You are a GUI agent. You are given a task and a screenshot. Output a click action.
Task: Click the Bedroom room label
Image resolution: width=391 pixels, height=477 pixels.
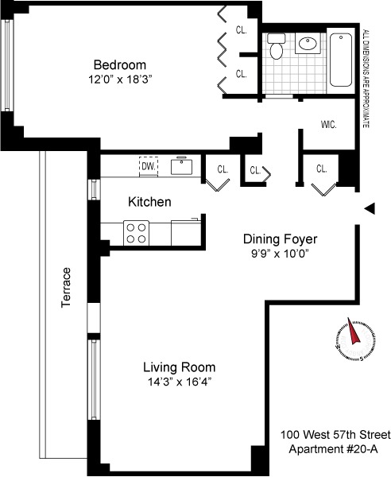[120, 65]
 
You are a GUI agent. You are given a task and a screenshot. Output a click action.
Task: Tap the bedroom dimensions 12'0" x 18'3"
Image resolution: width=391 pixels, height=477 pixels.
[120, 79]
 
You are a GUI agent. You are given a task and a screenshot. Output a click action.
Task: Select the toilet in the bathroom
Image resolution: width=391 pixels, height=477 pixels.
[276, 46]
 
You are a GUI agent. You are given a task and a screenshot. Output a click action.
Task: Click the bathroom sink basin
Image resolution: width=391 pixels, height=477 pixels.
[308, 43]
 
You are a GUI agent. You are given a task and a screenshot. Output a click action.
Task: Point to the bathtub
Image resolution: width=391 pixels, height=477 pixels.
[341, 60]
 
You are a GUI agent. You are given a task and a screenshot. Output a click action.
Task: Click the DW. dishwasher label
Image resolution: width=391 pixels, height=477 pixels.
[149, 166]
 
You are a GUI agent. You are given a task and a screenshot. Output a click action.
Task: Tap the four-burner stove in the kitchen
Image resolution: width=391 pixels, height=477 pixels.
[136, 233]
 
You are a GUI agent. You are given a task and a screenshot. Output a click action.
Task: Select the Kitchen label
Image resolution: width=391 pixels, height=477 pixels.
[149, 202]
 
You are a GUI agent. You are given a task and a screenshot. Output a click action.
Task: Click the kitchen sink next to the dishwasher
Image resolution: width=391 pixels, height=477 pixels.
[181, 166]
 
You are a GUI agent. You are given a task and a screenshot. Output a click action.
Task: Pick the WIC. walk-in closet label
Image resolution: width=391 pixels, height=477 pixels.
[329, 125]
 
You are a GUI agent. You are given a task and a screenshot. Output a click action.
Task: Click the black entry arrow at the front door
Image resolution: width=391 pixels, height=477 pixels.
[370, 208]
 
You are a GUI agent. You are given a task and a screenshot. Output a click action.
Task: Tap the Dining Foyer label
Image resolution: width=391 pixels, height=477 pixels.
[280, 239]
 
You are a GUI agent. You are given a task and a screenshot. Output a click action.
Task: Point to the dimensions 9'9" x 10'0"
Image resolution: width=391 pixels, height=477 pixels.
[280, 254]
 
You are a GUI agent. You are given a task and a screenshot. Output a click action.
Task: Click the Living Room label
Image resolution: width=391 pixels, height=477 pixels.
[180, 367]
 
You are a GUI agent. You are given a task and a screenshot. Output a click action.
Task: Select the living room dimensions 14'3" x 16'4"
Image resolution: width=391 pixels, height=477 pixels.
[180, 382]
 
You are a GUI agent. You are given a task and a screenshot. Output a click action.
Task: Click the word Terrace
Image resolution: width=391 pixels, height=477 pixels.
[66, 288]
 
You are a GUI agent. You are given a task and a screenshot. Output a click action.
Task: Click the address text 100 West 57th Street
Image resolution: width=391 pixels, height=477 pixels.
[335, 435]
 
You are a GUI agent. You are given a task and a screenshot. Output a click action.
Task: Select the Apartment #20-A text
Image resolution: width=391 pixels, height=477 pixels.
[334, 449]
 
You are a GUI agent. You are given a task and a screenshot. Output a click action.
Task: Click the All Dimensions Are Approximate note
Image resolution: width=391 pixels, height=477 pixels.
[366, 79]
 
